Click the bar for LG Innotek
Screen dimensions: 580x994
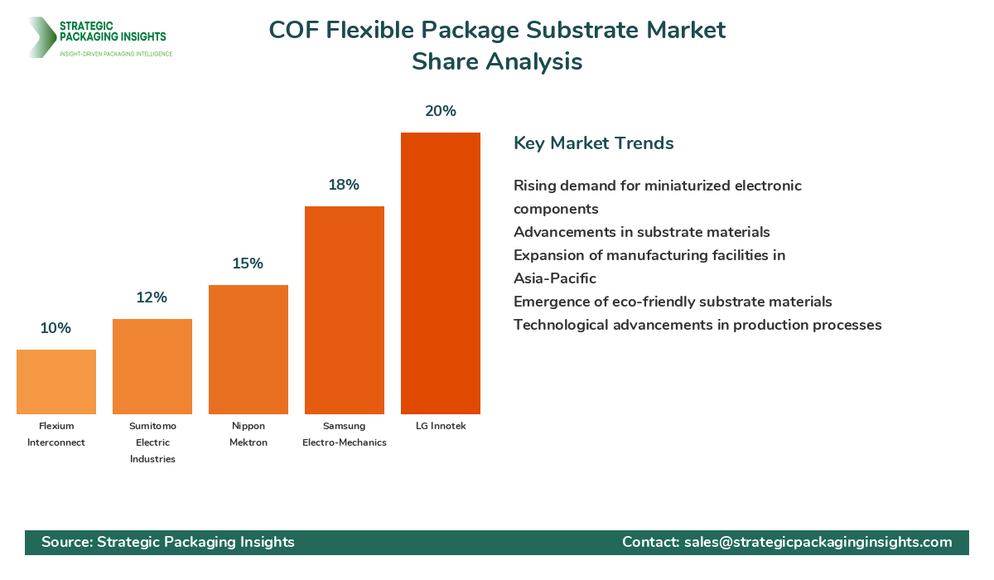441,273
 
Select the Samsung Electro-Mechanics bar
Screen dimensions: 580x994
345,310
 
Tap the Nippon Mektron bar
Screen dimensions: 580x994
248,350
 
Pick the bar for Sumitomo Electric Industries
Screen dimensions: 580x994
152,366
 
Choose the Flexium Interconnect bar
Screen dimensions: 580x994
56,382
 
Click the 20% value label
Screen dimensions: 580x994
441,111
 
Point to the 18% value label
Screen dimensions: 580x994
344,185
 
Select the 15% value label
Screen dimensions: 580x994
248,263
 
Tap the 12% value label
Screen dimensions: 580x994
152,297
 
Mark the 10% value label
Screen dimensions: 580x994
55,328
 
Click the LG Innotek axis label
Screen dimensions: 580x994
441,426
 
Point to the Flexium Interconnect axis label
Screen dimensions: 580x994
56,434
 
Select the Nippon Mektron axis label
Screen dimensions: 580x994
248,434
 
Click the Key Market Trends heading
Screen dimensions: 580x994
593,143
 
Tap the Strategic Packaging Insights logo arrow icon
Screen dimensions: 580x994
40,37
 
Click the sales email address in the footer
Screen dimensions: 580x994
818,542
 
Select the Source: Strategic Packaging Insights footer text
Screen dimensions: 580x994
168,542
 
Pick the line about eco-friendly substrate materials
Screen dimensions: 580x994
673,302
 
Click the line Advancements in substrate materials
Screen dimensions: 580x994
641,232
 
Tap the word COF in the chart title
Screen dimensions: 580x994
293,31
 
